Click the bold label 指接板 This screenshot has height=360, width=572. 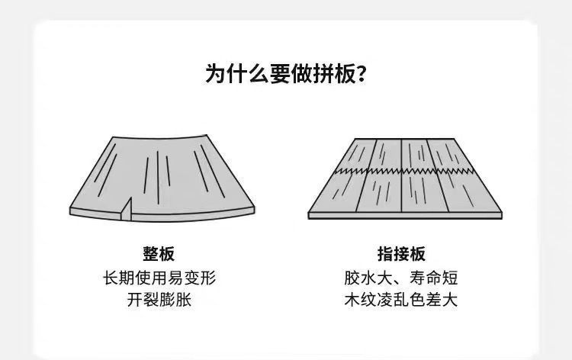click(401, 255)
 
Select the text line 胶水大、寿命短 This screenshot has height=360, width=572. click(401, 277)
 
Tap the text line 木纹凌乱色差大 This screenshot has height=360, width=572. click(401, 299)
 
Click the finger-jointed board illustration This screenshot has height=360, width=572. click(405, 177)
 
